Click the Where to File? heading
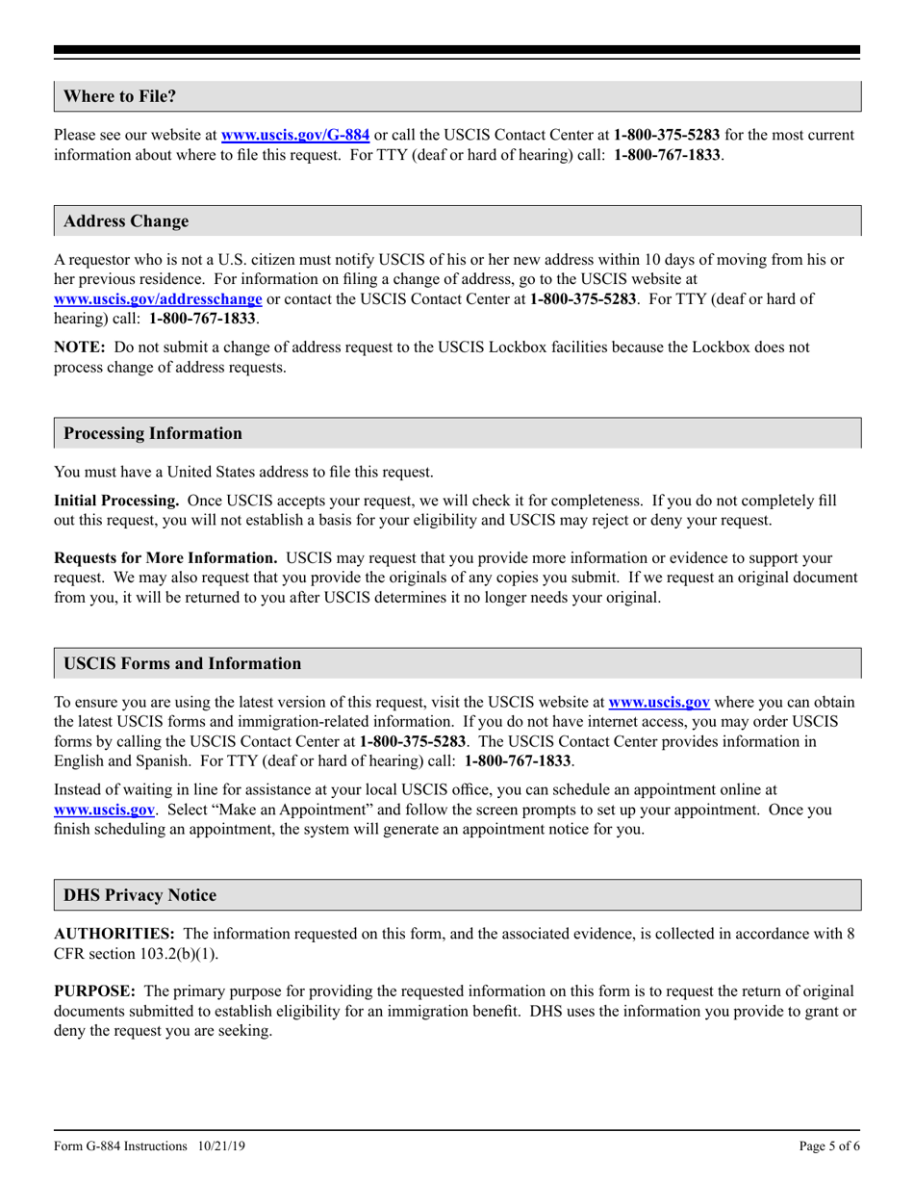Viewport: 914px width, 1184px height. pyautogui.click(x=119, y=96)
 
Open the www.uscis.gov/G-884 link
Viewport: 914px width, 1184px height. pyautogui.click(x=295, y=136)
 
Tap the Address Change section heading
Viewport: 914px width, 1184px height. pyautogui.click(x=126, y=221)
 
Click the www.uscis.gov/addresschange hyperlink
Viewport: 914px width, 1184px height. pyautogui.click(x=158, y=299)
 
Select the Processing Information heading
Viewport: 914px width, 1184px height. pyautogui.click(x=152, y=433)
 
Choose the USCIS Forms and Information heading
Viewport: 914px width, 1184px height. pyautogui.click(x=182, y=664)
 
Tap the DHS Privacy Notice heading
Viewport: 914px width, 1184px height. pyautogui.click(x=140, y=895)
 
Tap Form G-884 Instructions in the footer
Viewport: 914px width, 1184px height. pyautogui.click(x=120, y=1146)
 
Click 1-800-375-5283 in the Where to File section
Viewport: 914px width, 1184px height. pyautogui.click(x=667, y=136)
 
